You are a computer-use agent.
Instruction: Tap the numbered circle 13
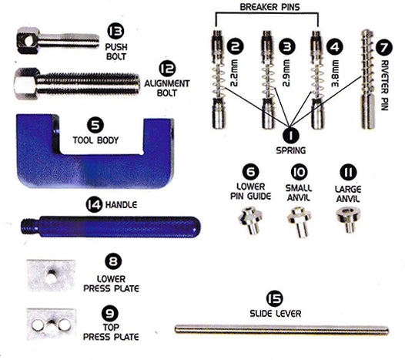(115, 31)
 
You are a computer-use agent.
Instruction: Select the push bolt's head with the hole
(28, 41)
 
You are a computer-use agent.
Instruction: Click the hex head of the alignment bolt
(26, 84)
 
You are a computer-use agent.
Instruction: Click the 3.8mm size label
(335, 73)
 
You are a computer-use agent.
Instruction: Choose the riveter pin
(368, 79)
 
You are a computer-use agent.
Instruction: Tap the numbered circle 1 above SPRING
(290, 135)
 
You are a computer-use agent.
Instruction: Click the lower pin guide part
(249, 220)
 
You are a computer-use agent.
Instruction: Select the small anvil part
(300, 221)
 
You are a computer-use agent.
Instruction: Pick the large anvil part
(348, 219)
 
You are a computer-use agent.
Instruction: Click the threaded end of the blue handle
(30, 227)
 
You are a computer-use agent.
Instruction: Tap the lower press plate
(51, 276)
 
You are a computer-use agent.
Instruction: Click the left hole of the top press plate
(38, 325)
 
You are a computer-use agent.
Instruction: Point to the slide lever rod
(282, 330)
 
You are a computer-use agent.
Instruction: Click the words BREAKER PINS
(269, 7)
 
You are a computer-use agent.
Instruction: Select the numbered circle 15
(275, 298)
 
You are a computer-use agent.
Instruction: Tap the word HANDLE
(121, 205)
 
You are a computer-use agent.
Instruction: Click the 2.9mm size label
(286, 73)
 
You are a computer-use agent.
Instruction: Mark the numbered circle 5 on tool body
(95, 125)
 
